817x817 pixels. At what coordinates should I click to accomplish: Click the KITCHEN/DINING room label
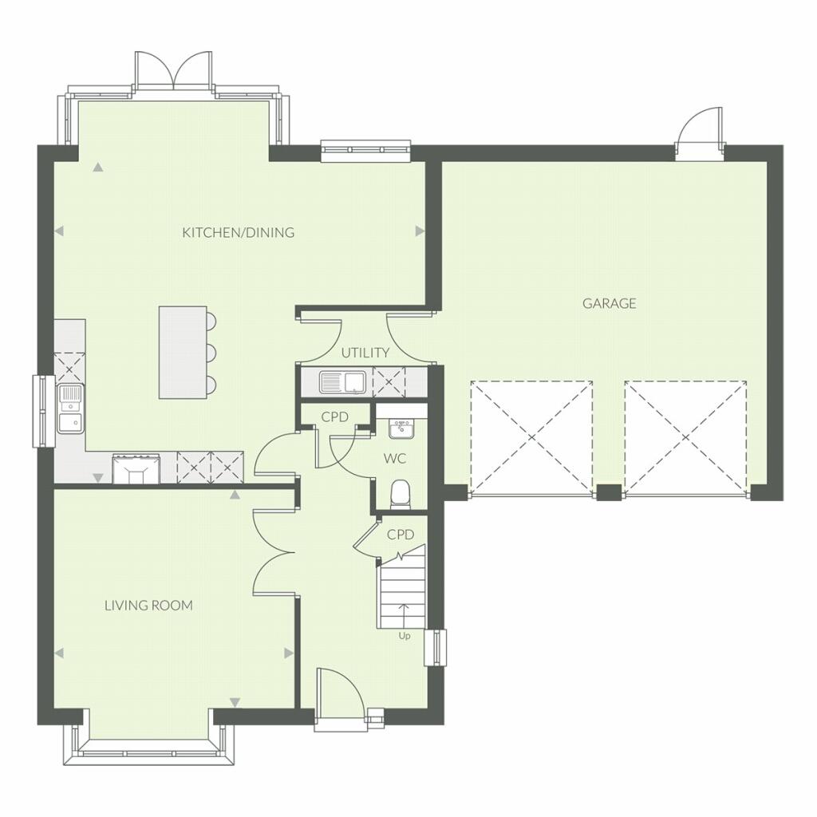(238, 233)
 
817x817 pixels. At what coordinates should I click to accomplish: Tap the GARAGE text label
(609, 303)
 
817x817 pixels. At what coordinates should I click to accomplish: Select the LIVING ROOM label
(148, 606)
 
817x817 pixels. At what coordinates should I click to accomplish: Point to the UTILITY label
(365, 353)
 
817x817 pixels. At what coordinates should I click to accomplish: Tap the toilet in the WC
(401, 494)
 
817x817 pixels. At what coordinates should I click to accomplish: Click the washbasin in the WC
(401, 429)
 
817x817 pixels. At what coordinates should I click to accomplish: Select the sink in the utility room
(341, 382)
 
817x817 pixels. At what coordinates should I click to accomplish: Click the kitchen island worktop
(183, 352)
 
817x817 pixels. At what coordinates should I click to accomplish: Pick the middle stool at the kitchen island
(211, 352)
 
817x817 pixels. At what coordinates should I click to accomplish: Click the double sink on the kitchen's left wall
(70, 407)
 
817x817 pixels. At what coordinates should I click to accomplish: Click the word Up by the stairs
(405, 636)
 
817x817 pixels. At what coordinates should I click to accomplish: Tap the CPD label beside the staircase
(401, 535)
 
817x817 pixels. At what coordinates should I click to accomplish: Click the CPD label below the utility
(334, 416)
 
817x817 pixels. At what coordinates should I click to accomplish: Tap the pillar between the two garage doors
(609, 492)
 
